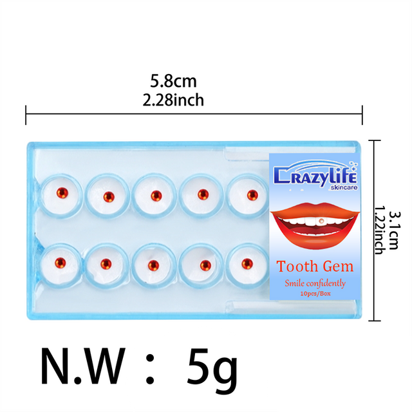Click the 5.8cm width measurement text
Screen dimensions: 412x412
point(173,81)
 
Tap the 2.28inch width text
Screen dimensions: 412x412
point(173,100)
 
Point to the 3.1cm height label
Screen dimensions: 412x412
point(393,230)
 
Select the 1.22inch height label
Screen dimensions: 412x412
point(379,230)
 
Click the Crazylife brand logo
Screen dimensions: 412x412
point(315,175)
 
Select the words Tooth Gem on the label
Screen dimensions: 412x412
point(315,266)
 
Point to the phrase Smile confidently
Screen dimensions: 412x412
point(315,283)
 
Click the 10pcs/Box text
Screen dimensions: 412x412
point(315,294)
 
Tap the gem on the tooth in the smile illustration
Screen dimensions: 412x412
point(321,221)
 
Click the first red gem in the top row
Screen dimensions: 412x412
point(62,193)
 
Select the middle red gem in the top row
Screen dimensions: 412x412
point(156,196)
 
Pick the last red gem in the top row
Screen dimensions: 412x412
point(252,195)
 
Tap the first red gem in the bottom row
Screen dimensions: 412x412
point(60,263)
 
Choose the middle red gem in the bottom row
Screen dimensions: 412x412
point(153,265)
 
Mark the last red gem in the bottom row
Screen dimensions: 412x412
point(247,264)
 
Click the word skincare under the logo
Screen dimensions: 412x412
point(344,187)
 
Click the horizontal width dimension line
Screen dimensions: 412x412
point(194,114)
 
